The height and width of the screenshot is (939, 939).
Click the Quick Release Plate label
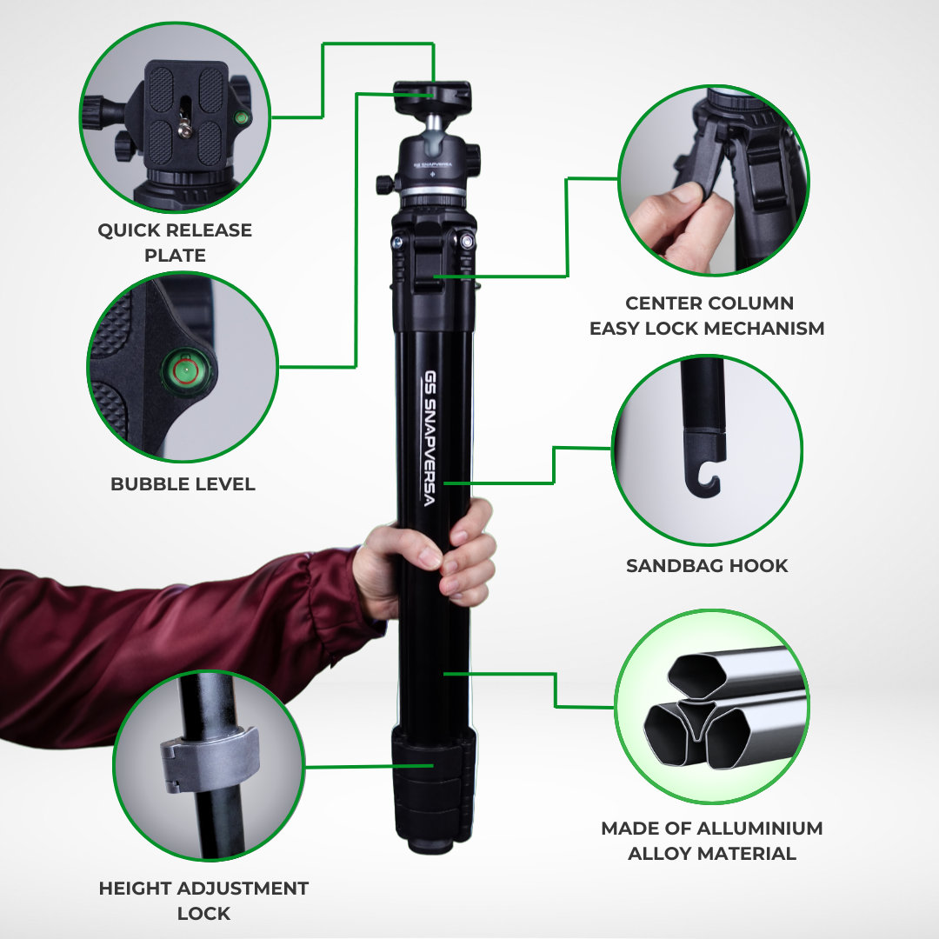coord(175,243)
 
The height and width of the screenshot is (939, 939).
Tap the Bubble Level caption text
coord(183,484)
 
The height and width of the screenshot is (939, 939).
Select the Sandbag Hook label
coord(707,566)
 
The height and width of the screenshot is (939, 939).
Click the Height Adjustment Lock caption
coord(203,901)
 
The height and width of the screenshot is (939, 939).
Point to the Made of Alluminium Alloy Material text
coord(711,841)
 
